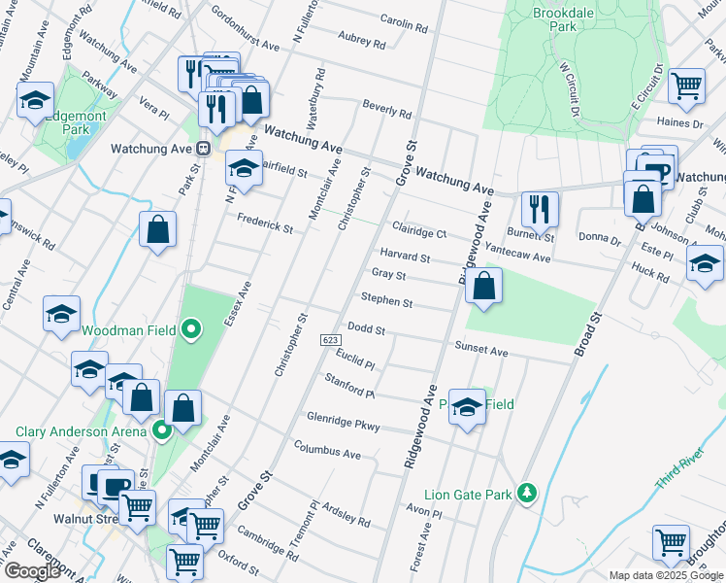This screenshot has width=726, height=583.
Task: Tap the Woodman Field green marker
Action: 191,329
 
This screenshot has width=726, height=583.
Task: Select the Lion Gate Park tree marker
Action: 527,493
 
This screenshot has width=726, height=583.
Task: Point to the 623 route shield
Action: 331,338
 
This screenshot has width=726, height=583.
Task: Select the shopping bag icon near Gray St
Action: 483,286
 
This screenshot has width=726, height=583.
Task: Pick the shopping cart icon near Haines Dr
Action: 686,86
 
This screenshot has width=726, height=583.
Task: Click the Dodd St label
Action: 367,330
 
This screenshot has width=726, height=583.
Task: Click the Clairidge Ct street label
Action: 418,232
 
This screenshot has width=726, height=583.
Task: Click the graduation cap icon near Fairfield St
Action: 244,167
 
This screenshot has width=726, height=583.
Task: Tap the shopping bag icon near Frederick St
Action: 157,229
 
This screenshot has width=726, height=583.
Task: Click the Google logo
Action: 32,571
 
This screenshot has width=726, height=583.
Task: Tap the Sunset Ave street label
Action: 481,349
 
